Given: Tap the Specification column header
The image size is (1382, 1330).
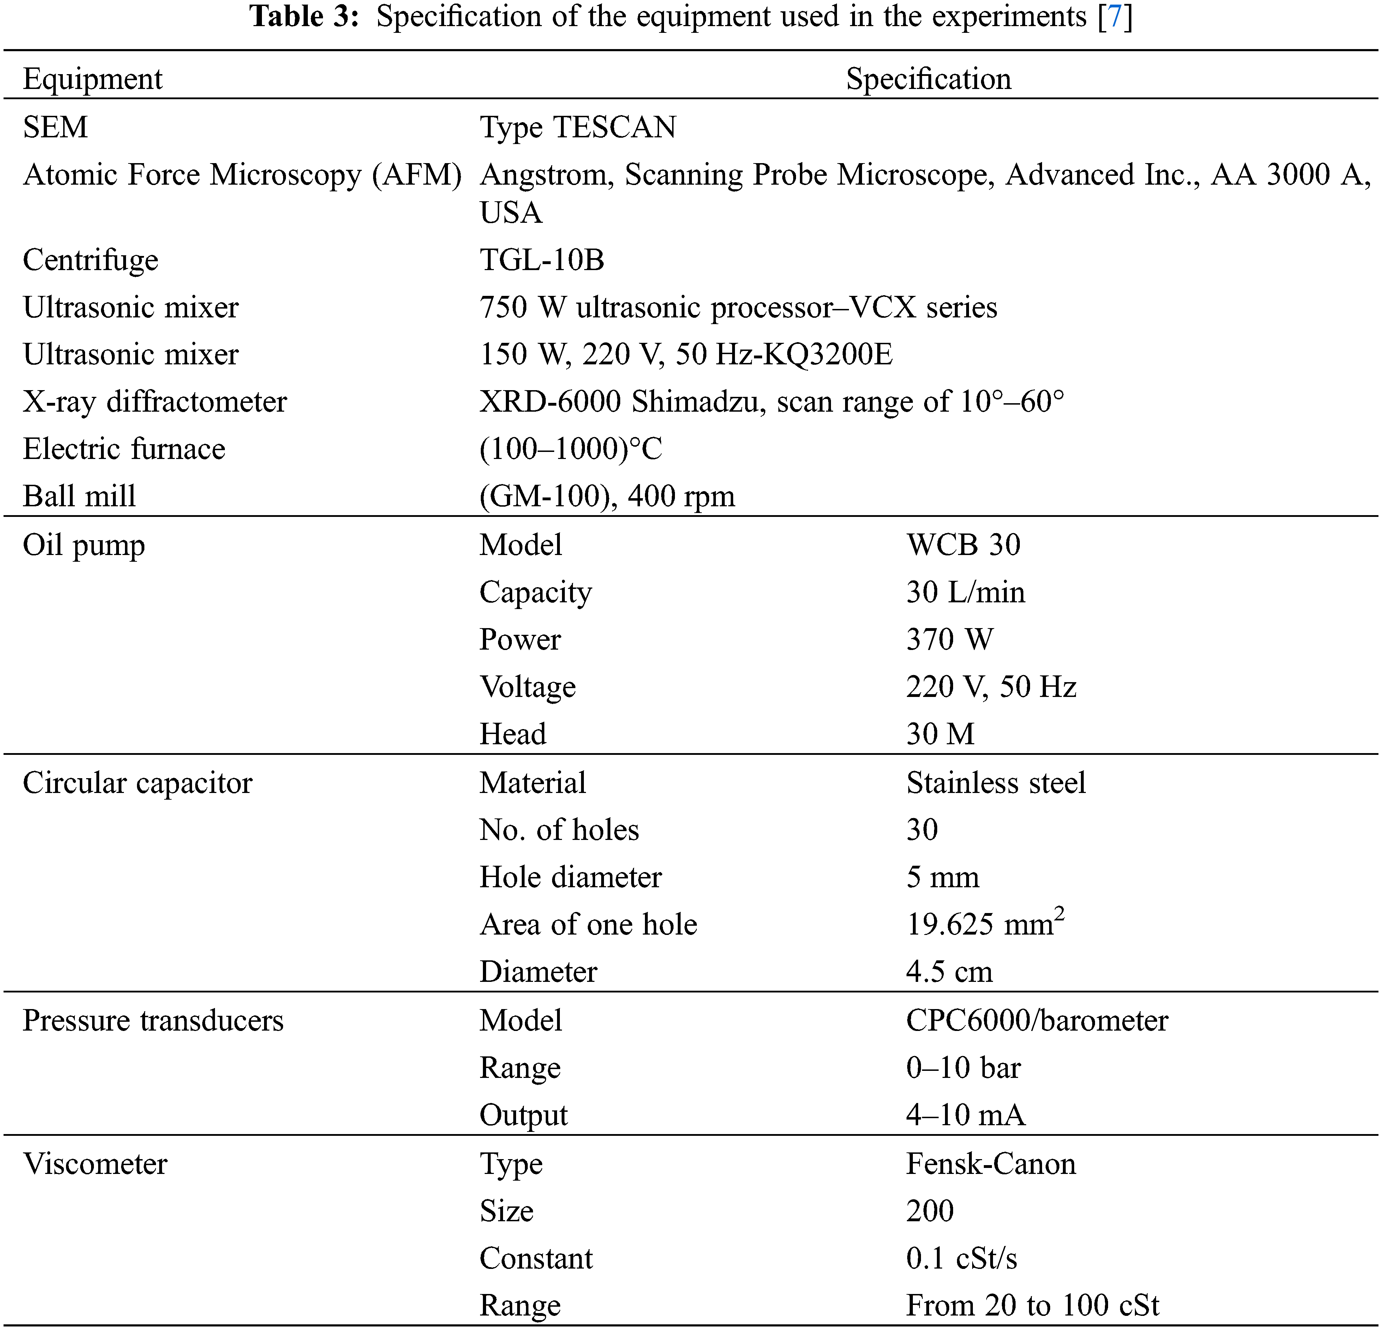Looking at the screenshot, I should point(928,78).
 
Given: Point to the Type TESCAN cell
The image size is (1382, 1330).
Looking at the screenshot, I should point(578,127).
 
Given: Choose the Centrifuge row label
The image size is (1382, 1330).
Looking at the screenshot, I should point(90,260).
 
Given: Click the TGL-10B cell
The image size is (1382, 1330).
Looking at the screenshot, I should point(542,260).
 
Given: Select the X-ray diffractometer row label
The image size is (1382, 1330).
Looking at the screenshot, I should point(154,401).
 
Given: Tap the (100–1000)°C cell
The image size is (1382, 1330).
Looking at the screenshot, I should point(570,448).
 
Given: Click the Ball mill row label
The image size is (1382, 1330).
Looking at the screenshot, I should point(79,496).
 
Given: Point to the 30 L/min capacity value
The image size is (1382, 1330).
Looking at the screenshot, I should point(965,592).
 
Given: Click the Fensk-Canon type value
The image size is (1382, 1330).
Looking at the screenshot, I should point(991,1164).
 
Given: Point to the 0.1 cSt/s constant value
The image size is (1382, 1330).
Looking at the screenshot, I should point(961,1258).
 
